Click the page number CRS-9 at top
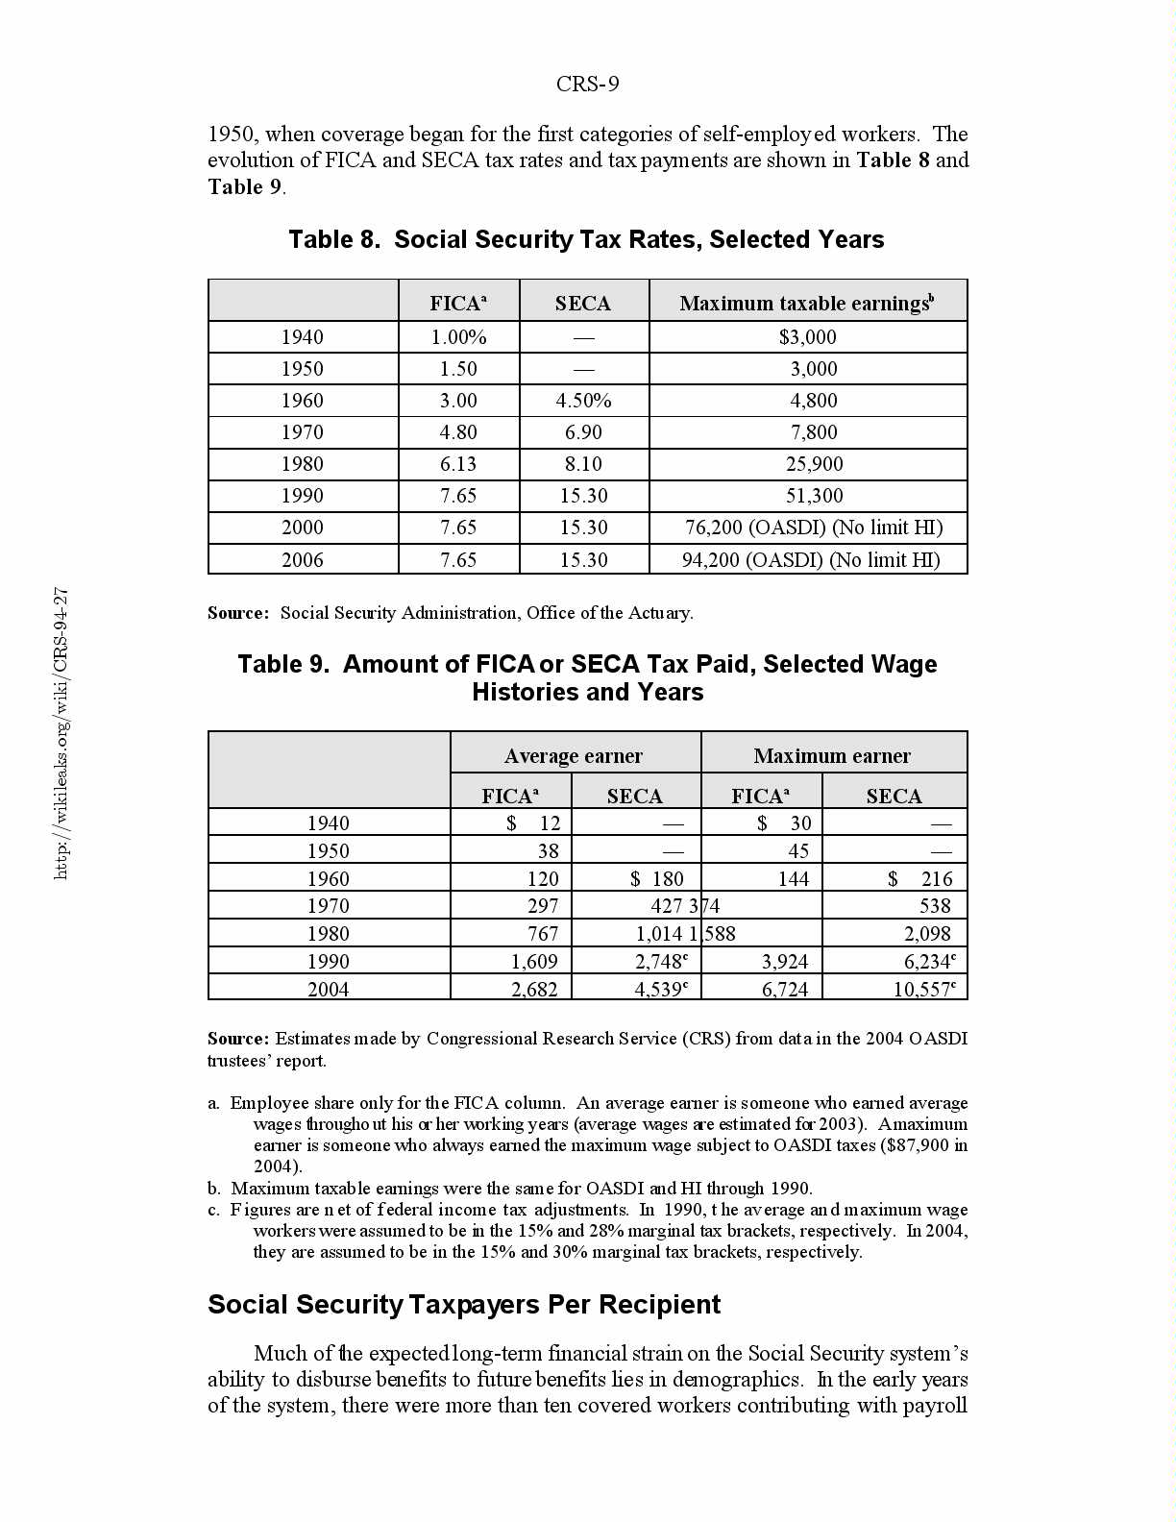click(x=587, y=85)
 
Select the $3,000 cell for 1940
click(x=808, y=337)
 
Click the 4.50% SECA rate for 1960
click(x=583, y=401)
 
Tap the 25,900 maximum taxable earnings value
click(x=814, y=464)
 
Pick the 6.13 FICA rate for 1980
click(x=458, y=464)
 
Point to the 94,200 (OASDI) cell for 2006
click(x=810, y=559)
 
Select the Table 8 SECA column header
click(x=582, y=304)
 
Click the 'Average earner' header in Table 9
click(x=574, y=756)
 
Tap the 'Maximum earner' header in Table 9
click(x=832, y=756)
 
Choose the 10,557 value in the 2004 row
click(x=922, y=989)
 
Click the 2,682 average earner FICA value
click(x=534, y=989)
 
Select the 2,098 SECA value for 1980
click(x=927, y=934)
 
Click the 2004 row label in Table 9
click(x=328, y=989)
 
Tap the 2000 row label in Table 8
click(x=302, y=528)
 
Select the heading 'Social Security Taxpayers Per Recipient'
click(x=464, y=1305)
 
